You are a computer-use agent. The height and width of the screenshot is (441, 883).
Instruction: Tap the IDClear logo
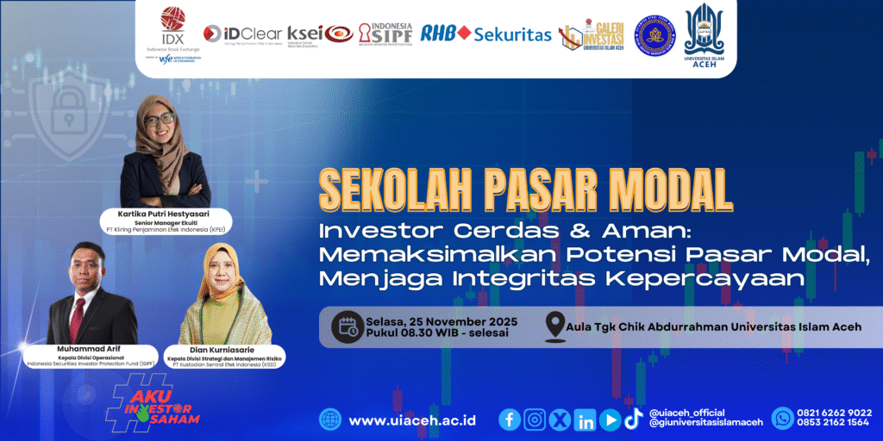(x=242, y=34)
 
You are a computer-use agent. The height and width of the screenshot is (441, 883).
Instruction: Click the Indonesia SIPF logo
(x=385, y=34)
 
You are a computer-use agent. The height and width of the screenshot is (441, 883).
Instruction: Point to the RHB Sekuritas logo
(x=485, y=34)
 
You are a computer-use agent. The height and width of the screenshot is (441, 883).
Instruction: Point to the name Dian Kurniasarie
(x=224, y=350)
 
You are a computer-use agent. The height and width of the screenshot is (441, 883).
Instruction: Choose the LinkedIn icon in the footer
(x=586, y=419)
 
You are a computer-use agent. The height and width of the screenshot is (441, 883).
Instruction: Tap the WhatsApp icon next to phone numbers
(x=783, y=418)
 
